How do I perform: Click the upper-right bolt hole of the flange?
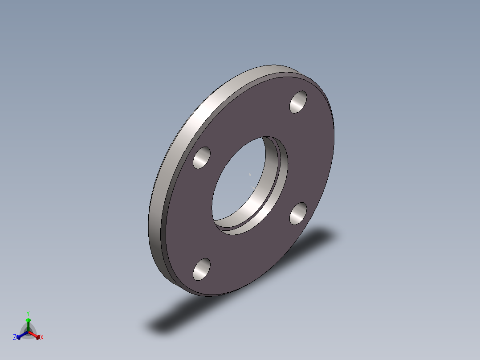click(x=298, y=102)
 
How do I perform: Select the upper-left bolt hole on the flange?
click(x=202, y=158)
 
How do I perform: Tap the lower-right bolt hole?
click(x=298, y=213)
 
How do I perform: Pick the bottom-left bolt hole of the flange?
click(x=202, y=269)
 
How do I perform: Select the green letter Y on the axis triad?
click(x=28, y=314)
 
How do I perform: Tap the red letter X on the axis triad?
click(x=42, y=337)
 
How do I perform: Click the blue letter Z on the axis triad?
click(x=14, y=337)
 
